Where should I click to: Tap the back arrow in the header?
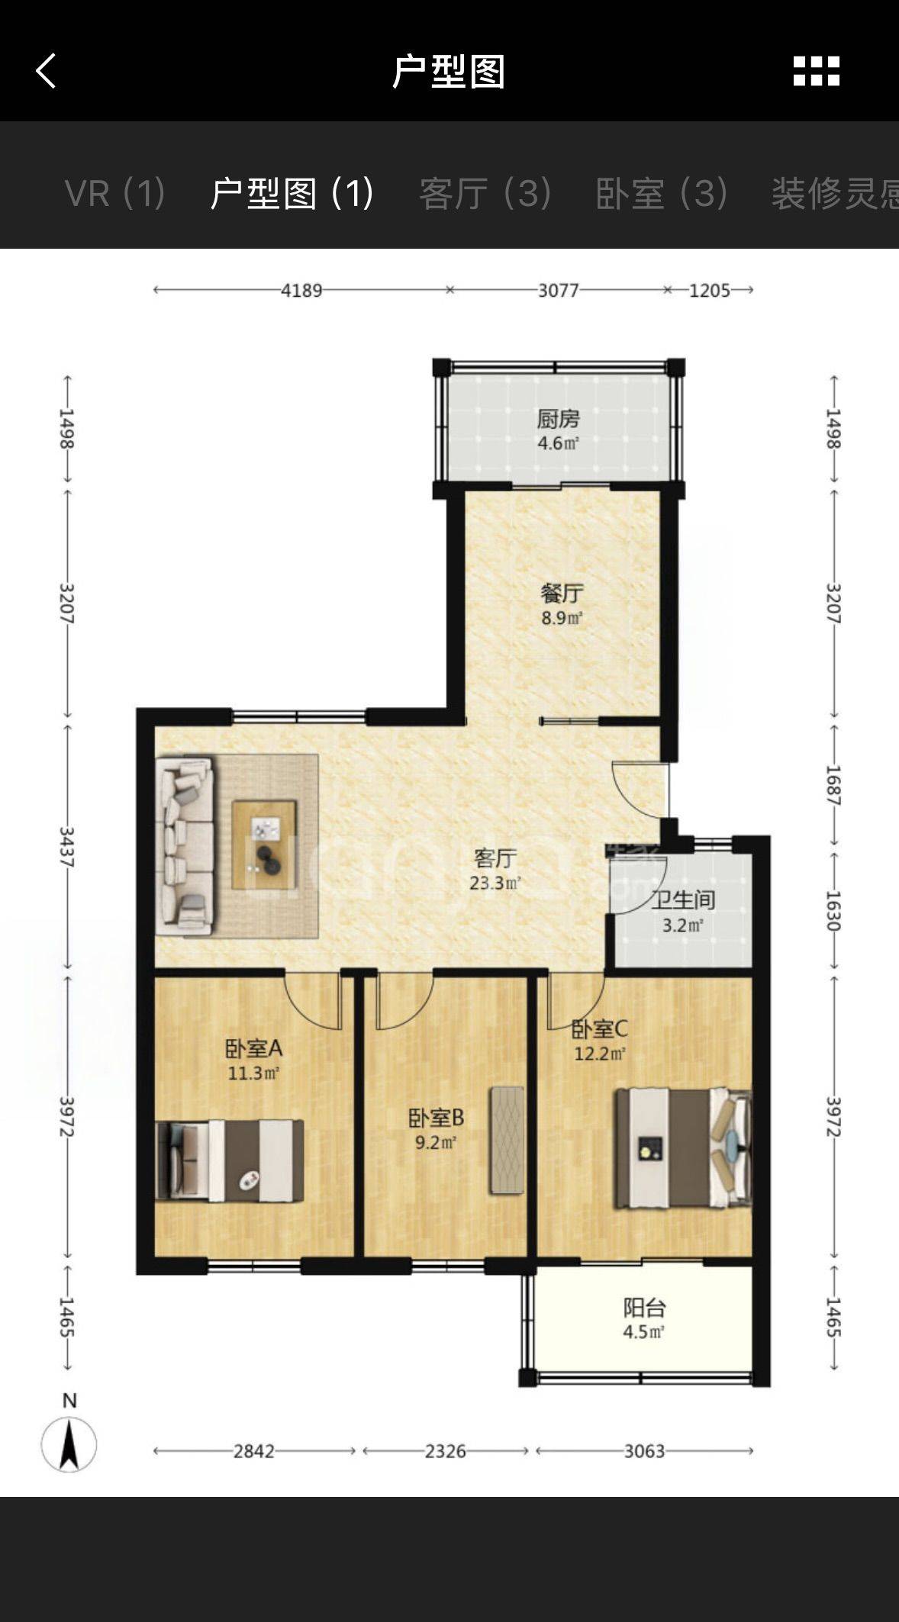46,71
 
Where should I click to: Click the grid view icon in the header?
816,71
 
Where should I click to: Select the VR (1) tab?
115,193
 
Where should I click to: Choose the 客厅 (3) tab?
485,193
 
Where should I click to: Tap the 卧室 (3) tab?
661,193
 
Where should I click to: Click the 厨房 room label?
558,418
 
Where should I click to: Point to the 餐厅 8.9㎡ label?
562,604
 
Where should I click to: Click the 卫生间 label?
683,900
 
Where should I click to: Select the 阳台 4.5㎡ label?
644,1319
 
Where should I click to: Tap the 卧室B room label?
436,1118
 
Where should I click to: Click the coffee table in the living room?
264,845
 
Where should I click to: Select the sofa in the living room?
184,845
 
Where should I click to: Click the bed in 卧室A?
230,1160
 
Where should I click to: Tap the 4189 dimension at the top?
301,290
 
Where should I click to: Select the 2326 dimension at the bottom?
445,1450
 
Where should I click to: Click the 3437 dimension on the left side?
67,847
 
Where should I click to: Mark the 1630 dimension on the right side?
833,911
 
